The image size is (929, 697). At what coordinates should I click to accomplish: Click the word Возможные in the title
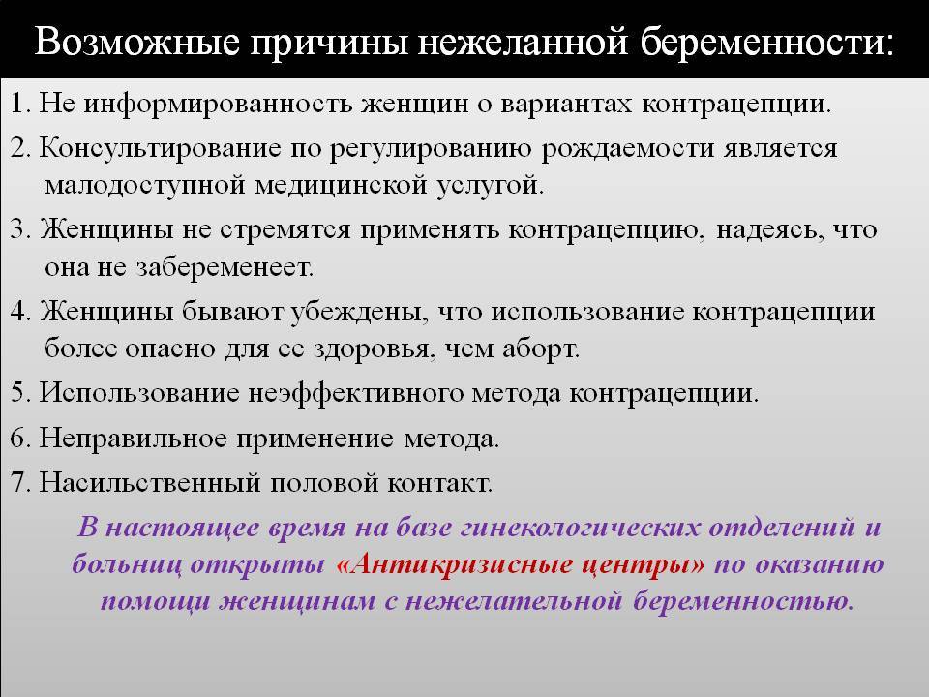point(136,42)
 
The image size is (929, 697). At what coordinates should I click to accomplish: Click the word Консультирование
point(160,148)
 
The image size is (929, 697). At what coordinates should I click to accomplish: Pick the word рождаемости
point(628,148)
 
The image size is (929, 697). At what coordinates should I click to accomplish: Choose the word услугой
point(491,186)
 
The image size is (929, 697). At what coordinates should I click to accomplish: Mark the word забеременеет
point(225,268)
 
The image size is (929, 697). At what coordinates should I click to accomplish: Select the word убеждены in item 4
point(358,312)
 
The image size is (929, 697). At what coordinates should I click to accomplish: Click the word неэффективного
point(355,393)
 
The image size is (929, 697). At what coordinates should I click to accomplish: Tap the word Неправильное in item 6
point(134,439)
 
